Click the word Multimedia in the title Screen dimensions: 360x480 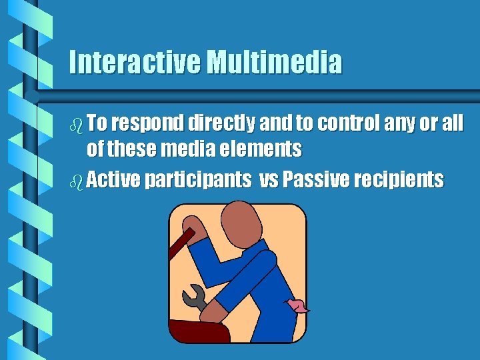[x=274, y=63]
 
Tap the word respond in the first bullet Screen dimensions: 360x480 [x=149, y=123]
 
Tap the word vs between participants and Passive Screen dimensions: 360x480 [x=271, y=179]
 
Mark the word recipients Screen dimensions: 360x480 [x=401, y=180]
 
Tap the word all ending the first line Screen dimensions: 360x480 [x=450, y=123]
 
